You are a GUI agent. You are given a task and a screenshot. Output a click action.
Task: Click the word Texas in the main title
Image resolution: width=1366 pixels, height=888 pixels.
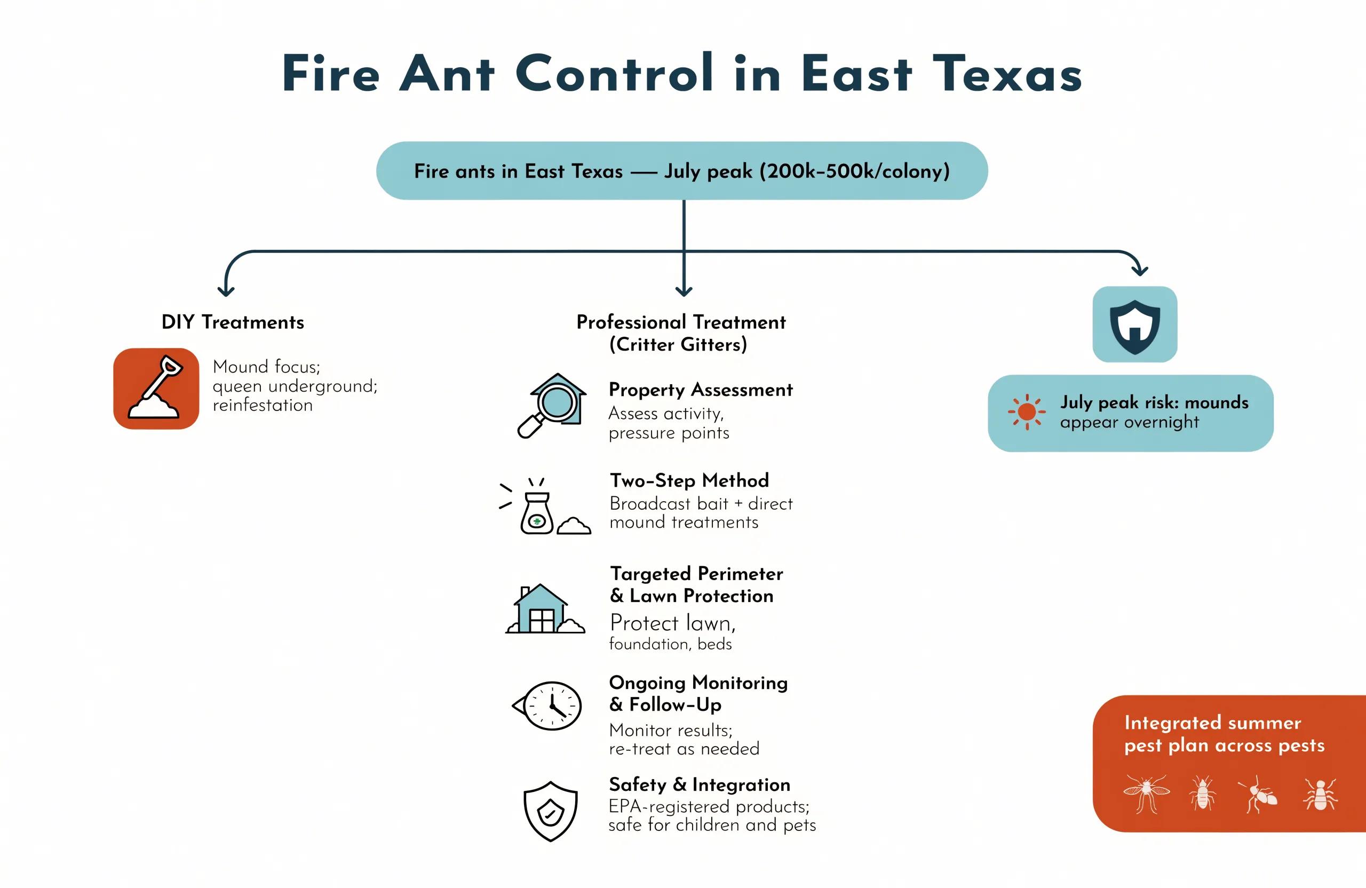1007,74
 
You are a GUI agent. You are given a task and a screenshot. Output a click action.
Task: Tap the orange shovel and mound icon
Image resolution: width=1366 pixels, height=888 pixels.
156,388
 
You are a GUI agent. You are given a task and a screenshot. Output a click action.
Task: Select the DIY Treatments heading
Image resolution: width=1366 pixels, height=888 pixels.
233,322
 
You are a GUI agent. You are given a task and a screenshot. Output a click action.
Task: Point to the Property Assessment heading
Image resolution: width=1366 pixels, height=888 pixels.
700,390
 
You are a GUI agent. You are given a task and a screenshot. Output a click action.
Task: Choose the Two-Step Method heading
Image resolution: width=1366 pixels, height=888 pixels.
689,480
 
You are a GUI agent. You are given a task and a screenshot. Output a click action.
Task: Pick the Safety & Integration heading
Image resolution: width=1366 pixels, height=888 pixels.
699,784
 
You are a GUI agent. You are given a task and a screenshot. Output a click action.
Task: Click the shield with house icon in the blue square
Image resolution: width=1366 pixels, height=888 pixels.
1135,325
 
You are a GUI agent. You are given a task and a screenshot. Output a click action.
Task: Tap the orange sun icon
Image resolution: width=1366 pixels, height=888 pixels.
1027,411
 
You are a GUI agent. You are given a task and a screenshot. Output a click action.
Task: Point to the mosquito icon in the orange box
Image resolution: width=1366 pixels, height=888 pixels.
1146,794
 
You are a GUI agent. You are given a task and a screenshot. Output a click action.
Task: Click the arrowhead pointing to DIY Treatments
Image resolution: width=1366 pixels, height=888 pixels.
226,290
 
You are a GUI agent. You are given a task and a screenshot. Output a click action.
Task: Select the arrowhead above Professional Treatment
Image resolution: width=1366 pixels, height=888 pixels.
684,290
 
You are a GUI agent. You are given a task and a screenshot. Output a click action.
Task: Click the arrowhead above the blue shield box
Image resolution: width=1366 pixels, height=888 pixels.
1139,270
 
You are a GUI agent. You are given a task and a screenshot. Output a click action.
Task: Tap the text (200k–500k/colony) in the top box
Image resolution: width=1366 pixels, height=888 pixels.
855,171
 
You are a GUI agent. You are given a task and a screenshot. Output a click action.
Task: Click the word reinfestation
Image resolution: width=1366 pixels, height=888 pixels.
263,405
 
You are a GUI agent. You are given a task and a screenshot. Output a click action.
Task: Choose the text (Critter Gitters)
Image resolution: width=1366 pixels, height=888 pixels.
678,344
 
